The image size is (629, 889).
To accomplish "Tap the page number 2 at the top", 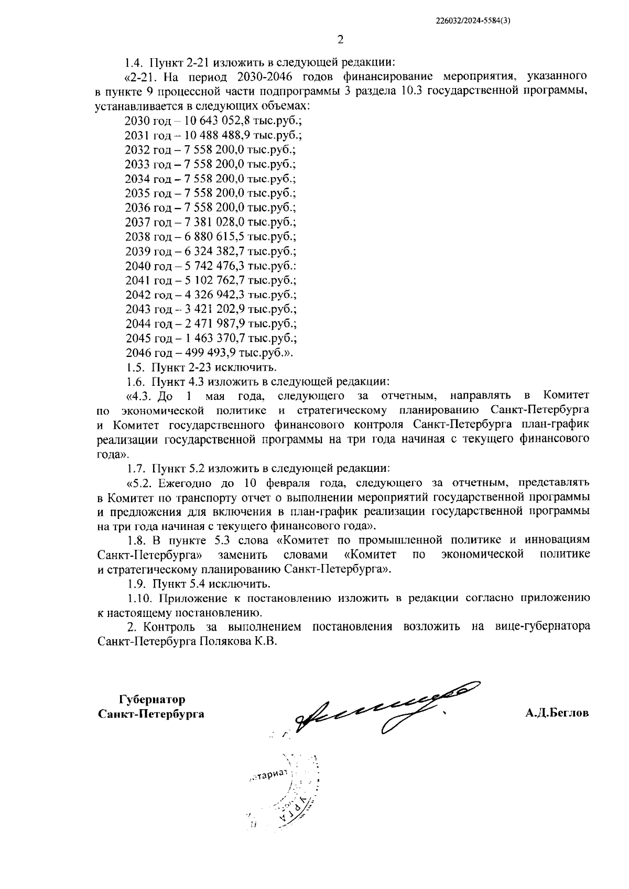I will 340,40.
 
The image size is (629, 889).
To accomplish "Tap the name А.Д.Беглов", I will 557,713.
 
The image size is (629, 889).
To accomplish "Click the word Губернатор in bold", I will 152,700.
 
